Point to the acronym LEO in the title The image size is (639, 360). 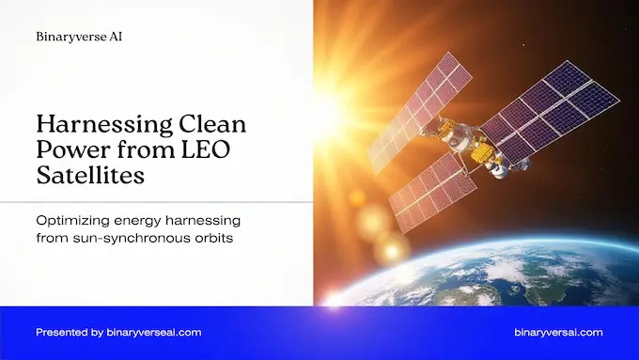click(179, 149)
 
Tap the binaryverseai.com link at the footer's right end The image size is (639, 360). click(559, 333)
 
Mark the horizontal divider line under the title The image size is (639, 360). click(156, 201)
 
